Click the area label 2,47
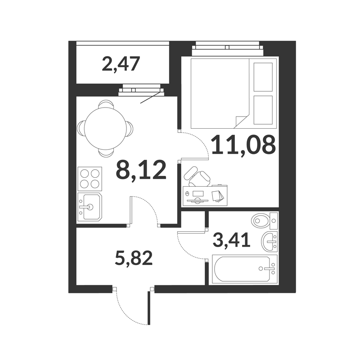coord(121,64)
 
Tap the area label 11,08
coord(243,145)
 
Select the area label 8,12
coord(141,170)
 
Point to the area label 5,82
coord(134,258)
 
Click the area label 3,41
coord(231,240)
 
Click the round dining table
coord(106,129)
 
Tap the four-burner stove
coord(90,179)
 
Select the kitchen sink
coord(90,207)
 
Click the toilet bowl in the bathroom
coord(265,220)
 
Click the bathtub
coord(245,269)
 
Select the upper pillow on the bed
coord(263,77)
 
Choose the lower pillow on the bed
coord(263,110)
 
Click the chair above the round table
coord(106,104)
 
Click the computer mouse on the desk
coord(187,193)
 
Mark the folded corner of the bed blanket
coord(241,121)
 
